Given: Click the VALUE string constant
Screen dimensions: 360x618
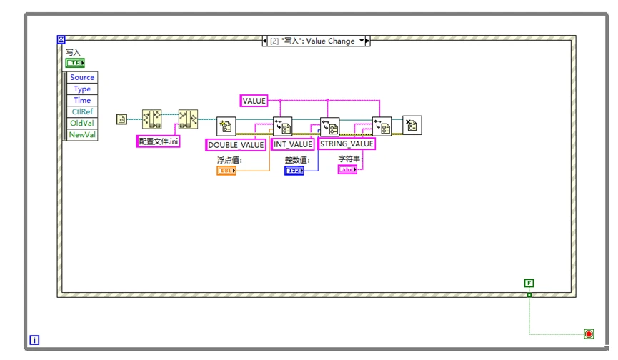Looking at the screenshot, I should (x=254, y=101).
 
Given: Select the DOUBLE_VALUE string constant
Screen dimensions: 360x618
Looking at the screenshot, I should (x=236, y=144).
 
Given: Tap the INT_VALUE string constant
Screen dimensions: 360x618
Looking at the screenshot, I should (x=293, y=144).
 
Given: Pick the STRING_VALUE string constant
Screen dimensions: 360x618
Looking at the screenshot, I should (x=347, y=144).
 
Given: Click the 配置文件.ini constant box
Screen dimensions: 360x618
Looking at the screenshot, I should (x=159, y=141).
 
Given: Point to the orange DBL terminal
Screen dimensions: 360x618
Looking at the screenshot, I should (x=226, y=171).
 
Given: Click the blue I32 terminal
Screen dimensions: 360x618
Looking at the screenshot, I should (x=294, y=171).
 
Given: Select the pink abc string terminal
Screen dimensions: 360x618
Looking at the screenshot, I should (x=347, y=170).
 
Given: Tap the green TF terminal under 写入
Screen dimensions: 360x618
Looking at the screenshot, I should (x=75, y=63).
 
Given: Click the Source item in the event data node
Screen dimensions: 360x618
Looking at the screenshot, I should (x=82, y=77).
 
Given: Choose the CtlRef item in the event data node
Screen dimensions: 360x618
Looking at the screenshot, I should (x=82, y=111).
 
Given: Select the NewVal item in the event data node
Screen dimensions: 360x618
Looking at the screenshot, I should (x=82, y=134).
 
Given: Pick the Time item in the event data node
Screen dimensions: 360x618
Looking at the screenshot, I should (x=82, y=100).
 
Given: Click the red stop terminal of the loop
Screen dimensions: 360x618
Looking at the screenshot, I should (x=589, y=334).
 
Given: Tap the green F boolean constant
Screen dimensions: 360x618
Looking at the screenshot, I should (x=529, y=284).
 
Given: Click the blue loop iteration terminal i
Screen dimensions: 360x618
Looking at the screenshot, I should (x=35, y=341).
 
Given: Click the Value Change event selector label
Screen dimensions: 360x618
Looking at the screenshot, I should (x=316, y=41).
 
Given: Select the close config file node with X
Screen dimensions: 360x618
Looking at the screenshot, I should (x=412, y=125).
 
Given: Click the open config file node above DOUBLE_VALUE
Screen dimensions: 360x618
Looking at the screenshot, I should (x=226, y=126).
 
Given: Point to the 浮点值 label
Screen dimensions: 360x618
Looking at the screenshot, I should (x=229, y=160).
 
